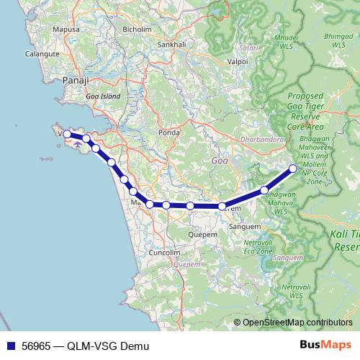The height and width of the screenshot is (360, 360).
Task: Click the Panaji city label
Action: (75, 80)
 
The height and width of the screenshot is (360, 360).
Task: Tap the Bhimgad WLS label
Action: (338, 40)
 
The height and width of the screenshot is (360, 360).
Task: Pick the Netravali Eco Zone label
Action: (258, 248)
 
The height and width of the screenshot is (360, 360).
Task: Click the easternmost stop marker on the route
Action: (293, 168)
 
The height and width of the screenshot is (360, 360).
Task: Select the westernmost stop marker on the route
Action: (67, 133)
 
